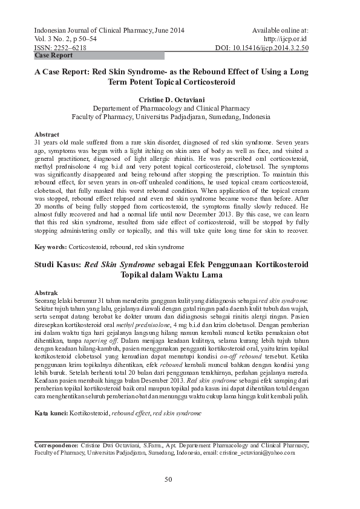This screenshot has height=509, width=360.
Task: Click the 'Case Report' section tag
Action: (x=54, y=56)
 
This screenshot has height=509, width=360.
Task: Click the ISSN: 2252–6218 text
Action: (x=61, y=47)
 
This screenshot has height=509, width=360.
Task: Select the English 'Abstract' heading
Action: (x=47, y=134)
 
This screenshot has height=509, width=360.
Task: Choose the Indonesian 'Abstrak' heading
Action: (x=47, y=293)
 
